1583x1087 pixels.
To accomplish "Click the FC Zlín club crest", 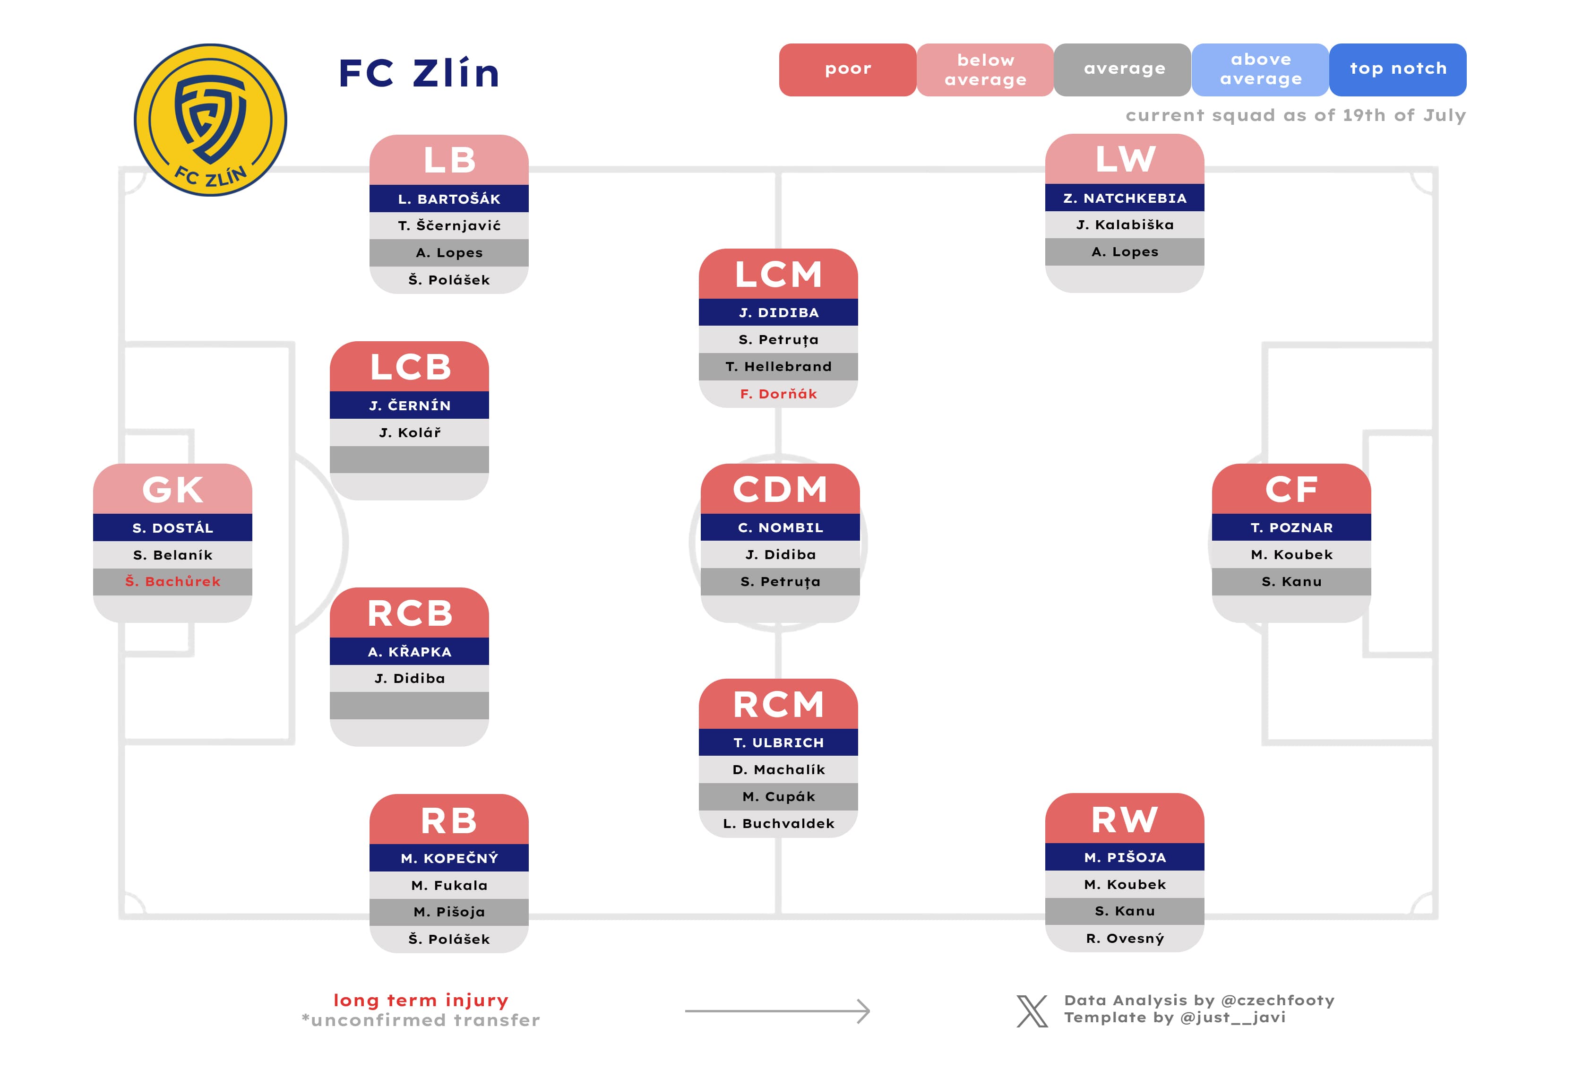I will coord(210,120).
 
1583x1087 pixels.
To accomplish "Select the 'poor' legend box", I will coord(847,69).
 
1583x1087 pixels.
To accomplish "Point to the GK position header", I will coord(172,489).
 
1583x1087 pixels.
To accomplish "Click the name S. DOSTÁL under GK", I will coord(172,528).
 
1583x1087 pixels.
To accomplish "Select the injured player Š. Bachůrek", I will coord(172,582).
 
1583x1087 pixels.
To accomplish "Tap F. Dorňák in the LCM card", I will coord(778,394).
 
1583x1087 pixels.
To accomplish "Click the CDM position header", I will coord(780,489).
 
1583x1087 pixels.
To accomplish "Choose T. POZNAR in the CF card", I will coord(1291,528).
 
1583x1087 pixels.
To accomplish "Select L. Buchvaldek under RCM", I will coord(778,823).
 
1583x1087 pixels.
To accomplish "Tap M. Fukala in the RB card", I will coord(449,885).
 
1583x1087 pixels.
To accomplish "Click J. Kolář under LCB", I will coord(409,432).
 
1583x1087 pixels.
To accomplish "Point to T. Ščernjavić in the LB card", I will coord(449,225).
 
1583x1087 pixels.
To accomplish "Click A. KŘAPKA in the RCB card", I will coord(409,652).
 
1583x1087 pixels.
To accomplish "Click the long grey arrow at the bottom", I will coord(776,1011).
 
